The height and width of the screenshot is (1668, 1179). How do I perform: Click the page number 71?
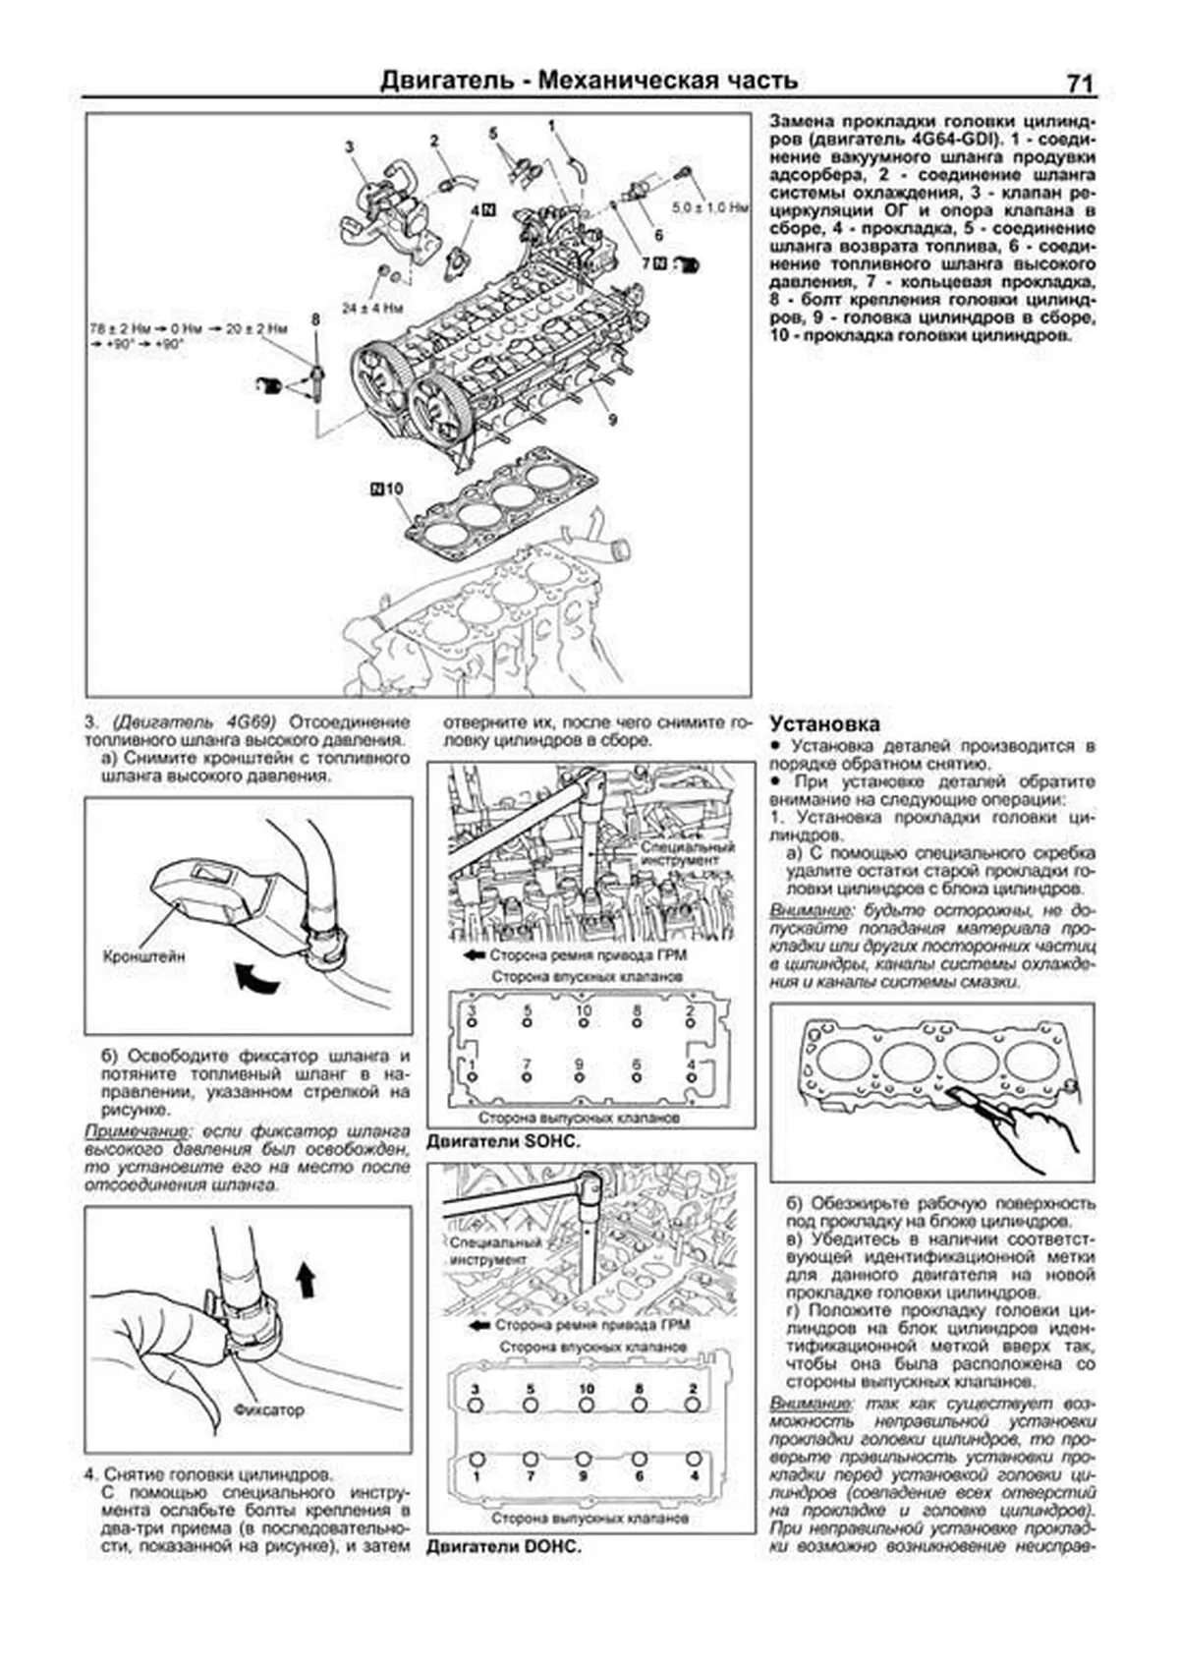1078,84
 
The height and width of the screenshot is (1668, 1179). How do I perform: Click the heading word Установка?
824,723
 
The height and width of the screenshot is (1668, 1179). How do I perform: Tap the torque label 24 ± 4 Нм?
373,308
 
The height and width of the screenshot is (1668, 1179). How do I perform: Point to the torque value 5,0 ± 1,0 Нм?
710,208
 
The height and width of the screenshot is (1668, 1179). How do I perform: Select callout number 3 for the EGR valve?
349,146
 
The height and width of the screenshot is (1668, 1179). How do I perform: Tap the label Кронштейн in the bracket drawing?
144,954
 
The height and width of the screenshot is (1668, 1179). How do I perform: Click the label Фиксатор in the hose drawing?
268,1409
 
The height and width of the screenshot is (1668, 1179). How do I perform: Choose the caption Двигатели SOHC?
504,1141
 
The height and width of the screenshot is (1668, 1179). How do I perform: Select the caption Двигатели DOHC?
504,1546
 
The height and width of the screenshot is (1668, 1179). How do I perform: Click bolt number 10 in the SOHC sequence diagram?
584,1010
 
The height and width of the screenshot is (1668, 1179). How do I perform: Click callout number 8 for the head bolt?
315,319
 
